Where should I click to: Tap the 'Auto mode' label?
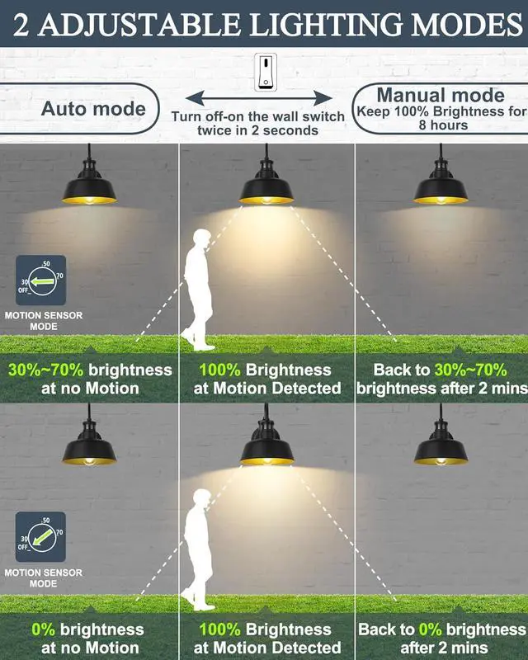(x=93, y=109)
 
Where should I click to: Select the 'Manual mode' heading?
(x=441, y=95)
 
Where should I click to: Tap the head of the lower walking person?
(x=200, y=498)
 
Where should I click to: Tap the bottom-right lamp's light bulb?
(x=441, y=456)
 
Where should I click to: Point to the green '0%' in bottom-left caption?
(x=44, y=629)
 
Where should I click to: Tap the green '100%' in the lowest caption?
(x=219, y=629)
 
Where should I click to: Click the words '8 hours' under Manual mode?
(x=443, y=125)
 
